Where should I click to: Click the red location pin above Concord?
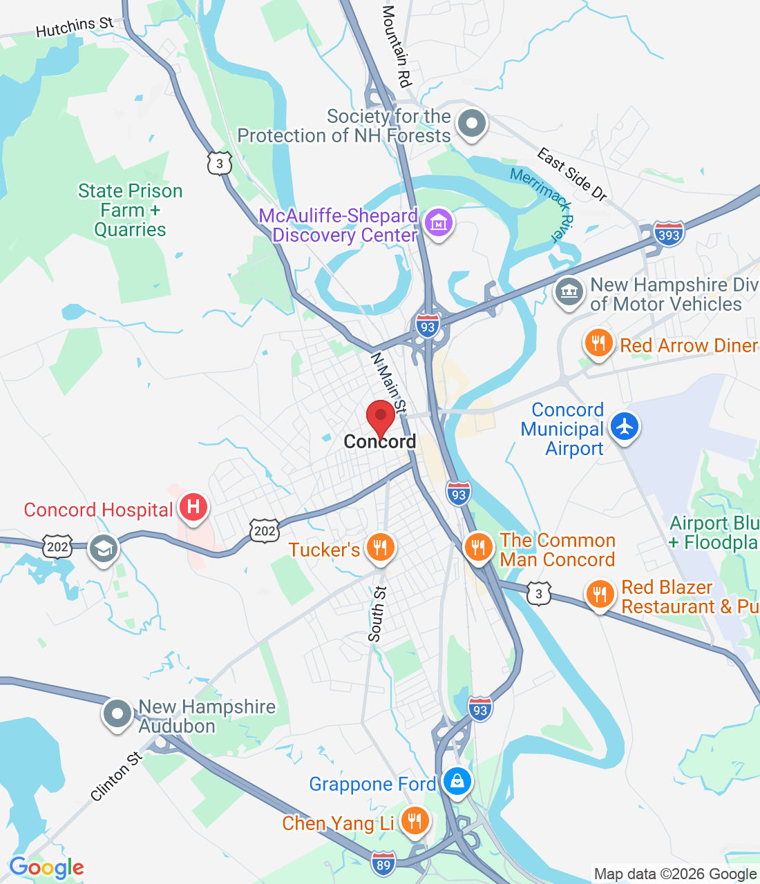pos(380,416)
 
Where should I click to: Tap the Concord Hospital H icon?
pos(193,507)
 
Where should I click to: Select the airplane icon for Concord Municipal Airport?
pos(625,426)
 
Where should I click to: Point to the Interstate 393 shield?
pos(669,235)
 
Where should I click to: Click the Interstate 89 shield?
pos(383,864)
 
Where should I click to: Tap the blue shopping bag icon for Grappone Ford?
pos(457,782)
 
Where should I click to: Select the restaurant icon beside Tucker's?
pos(380,548)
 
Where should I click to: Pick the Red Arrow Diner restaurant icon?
pos(598,343)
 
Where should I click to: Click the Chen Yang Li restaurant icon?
pos(414,821)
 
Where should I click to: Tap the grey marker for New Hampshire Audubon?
pos(117,713)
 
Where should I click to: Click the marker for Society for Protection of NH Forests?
pos(473,124)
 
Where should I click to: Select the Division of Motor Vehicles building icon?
pos(569,291)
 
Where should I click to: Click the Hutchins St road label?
pos(75,28)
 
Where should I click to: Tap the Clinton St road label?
pos(116,776)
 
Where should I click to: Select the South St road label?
pos(377,614)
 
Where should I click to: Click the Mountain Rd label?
pos(397,46)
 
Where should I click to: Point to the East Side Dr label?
pos(572,174)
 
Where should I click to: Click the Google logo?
pos(47,867)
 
